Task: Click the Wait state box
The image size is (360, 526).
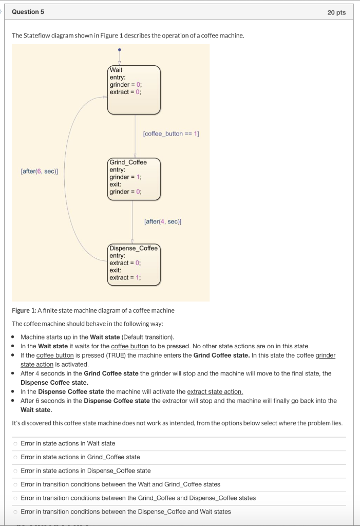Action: coord(134,88)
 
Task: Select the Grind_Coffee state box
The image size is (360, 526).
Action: coord(134,178)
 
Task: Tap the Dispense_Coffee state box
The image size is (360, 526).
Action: coord(134,264)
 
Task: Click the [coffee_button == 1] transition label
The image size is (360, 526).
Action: coord(170,134)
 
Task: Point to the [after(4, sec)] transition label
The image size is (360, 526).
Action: coord(163,221)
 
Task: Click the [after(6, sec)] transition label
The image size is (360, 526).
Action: coord(39,171)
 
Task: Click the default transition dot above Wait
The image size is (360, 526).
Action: coord(120,50)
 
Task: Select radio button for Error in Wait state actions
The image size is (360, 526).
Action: coord(16,443)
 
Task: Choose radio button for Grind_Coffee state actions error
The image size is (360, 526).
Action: coord(16,457)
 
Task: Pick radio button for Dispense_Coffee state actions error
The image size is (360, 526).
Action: coord(16,471)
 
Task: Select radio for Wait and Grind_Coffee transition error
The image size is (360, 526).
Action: coord(16,484)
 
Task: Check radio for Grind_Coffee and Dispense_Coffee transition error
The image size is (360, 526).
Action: coord(16,498)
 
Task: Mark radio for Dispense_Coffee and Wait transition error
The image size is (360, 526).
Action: coord(16,512)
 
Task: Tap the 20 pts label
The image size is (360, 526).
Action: coord(336,12)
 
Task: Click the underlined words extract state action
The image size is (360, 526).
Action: coord(215,391)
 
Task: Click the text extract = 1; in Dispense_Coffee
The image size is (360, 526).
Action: coord(125,278)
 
